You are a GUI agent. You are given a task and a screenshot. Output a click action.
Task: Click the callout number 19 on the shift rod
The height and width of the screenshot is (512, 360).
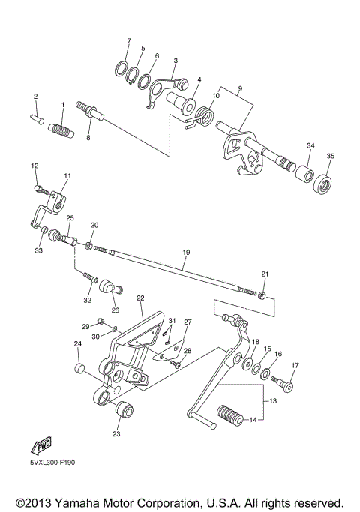[x=186, y=264]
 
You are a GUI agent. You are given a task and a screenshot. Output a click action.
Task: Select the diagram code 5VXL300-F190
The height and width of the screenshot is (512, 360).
[x=52, y=462]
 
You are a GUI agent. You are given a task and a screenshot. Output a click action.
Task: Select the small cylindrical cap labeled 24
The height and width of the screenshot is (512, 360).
[x=77, y=368]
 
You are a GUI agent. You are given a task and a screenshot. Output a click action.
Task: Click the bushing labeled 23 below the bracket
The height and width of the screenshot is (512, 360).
[x=122, y=412]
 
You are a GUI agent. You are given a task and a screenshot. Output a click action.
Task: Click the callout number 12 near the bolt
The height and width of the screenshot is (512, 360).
[x=34, y=164]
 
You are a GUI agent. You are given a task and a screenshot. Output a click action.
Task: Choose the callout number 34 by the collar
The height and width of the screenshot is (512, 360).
[x=310, y=145]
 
